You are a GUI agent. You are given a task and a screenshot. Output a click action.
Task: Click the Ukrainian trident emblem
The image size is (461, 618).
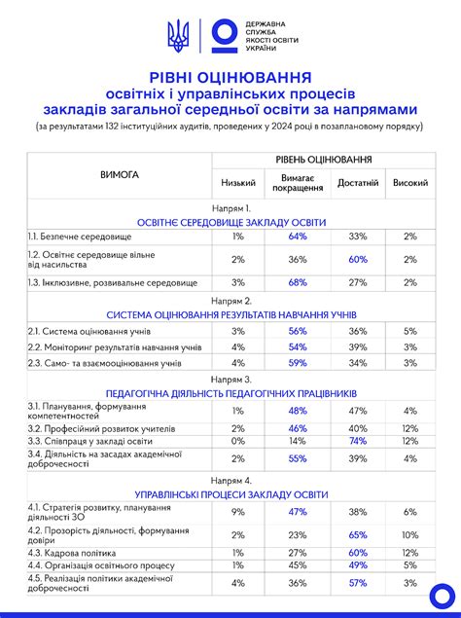178,37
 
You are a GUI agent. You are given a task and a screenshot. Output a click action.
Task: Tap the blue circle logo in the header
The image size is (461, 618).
223,36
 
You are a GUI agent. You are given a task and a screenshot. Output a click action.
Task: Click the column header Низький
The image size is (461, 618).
238,182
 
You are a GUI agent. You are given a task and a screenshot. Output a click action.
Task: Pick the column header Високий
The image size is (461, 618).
409,182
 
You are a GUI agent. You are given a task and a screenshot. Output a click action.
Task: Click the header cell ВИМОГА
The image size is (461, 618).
120,175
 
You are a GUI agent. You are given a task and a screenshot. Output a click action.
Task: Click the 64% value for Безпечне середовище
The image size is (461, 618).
298,236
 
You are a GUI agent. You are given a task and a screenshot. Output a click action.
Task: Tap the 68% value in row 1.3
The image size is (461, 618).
298,282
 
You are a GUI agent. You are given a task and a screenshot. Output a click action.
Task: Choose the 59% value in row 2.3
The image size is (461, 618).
298,363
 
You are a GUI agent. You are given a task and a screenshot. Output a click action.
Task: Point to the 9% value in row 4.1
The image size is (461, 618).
238,511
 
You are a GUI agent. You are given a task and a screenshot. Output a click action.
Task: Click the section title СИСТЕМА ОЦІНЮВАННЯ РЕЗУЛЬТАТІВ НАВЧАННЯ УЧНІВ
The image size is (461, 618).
231,316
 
